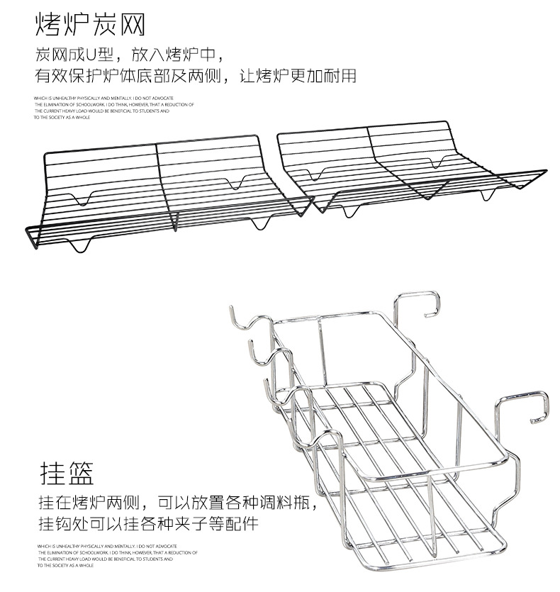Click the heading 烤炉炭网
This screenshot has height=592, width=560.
pyautogui.click(x=90, y=26)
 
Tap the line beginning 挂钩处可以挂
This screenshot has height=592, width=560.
pyautogui.click(x=148, y=525)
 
